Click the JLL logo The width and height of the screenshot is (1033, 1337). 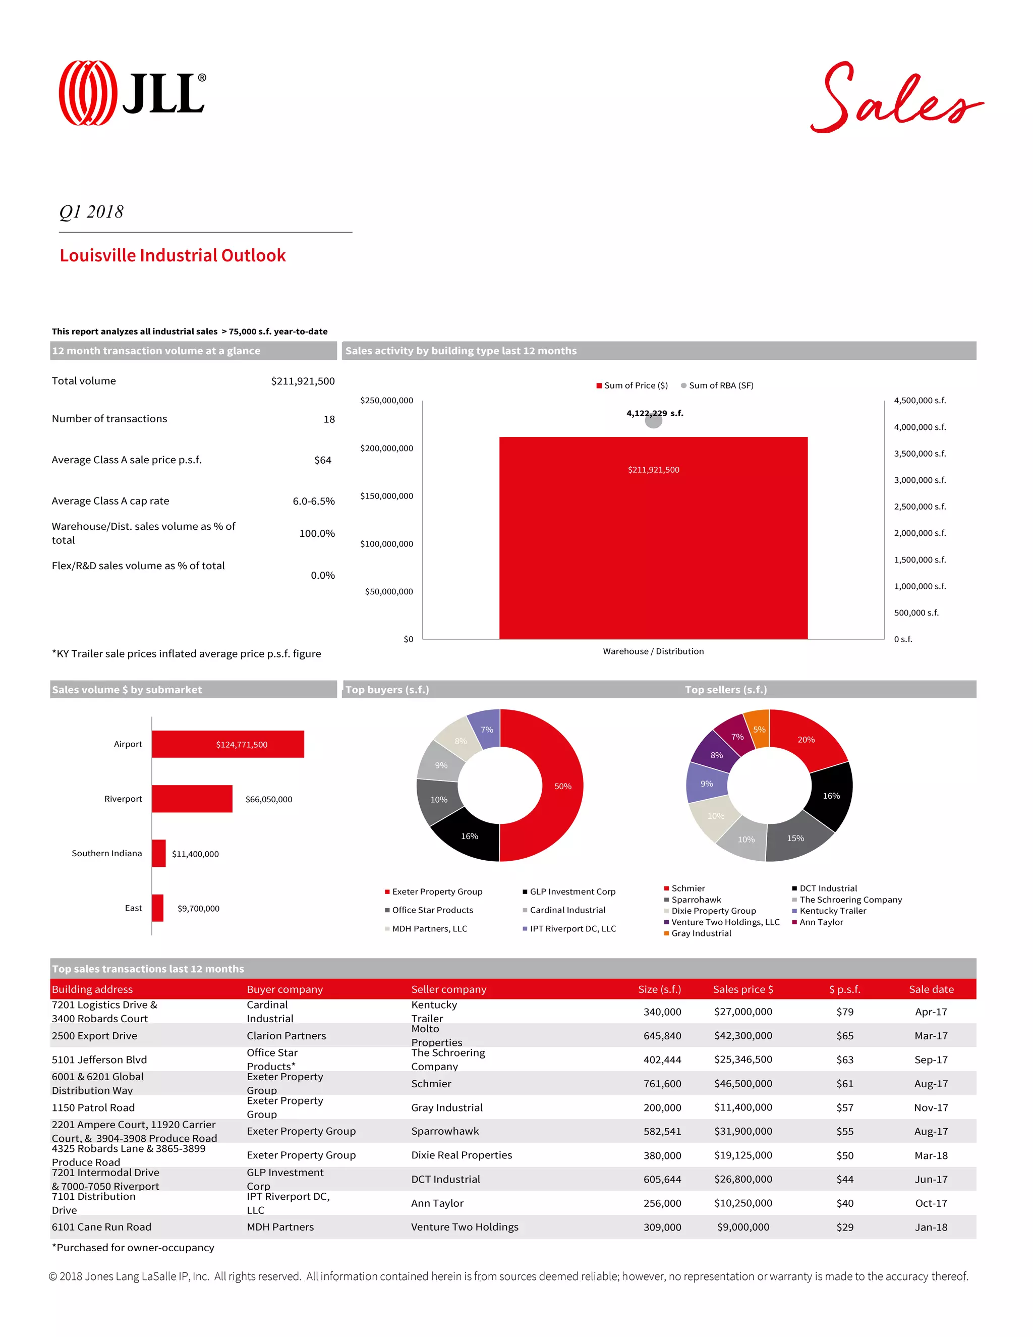(132, 93)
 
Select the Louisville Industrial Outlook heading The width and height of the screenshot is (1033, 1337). (173, 255)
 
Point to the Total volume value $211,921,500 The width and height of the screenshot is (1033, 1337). (302, 381)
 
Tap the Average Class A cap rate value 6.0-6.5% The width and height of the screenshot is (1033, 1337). (313, 501)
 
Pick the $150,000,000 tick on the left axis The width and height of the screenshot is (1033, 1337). (386, 496)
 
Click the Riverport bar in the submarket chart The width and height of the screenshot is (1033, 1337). (192, 799)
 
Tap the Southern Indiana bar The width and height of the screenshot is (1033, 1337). (158, 853)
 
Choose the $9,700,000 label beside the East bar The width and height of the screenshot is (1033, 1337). (198, 909)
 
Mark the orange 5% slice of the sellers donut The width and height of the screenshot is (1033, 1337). (759, 729)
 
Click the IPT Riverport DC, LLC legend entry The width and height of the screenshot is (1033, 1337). (572, 929)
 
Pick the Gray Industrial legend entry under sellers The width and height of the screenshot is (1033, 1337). (701, 933)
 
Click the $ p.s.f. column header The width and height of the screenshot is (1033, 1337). (844, 989)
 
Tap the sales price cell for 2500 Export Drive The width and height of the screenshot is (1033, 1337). (743, 1036)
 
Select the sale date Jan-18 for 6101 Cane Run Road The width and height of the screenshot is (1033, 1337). (931, 1227)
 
